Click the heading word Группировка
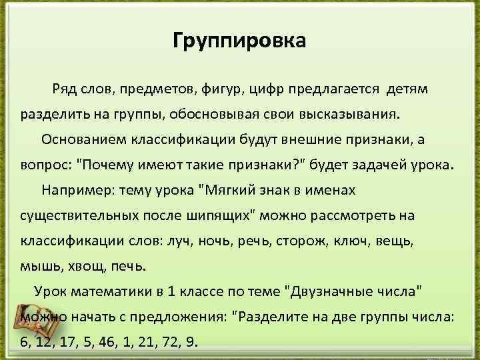click(x=239, y=41)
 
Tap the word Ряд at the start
click(x=67, y=89)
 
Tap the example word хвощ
click(x=82, y=267)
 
